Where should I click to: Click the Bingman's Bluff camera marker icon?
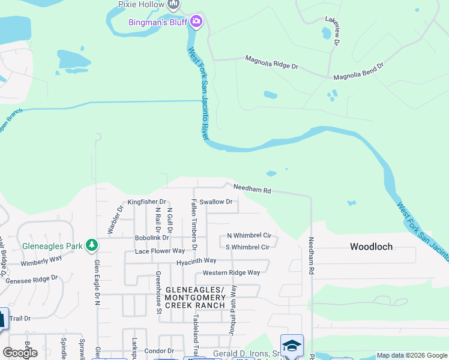(x=196, y=23)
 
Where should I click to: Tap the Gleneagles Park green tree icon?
(x=91, y=245)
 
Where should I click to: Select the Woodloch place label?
(x=371, y=247)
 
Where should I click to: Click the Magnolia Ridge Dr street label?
(x=271, y=62)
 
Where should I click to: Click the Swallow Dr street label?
(x=216, y=202)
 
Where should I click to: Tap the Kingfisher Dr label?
(x=146, y=202)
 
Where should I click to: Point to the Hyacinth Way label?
(x=196, y=261)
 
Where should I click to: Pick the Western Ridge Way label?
(x=231, y=272)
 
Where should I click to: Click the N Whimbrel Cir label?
(x=249, y=236)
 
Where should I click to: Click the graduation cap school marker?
(x=292, y=346)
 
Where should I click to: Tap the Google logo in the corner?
(x=20, y=353)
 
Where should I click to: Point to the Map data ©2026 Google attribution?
(x=412, y=355)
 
